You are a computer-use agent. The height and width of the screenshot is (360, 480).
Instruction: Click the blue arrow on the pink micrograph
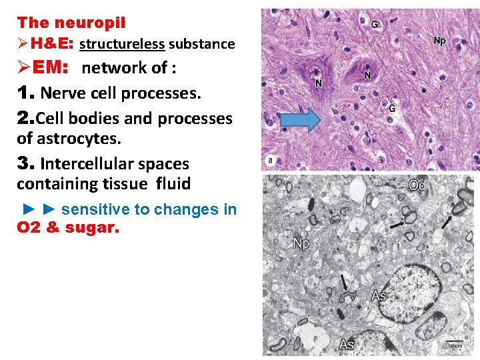[299, 120]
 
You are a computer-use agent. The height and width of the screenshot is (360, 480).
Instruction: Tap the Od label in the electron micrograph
[417, 185]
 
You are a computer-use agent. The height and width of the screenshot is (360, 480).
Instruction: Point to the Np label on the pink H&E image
[440, 41]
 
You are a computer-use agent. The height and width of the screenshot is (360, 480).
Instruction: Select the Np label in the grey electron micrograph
[301, 243]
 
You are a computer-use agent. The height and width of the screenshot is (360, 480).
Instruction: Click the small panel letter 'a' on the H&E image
[270, 161]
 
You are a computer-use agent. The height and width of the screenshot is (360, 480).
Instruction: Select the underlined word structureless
[121, 45]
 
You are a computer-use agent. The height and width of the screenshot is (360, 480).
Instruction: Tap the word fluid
[173, 183]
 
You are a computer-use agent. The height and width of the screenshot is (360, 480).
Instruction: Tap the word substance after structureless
[201, 45]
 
